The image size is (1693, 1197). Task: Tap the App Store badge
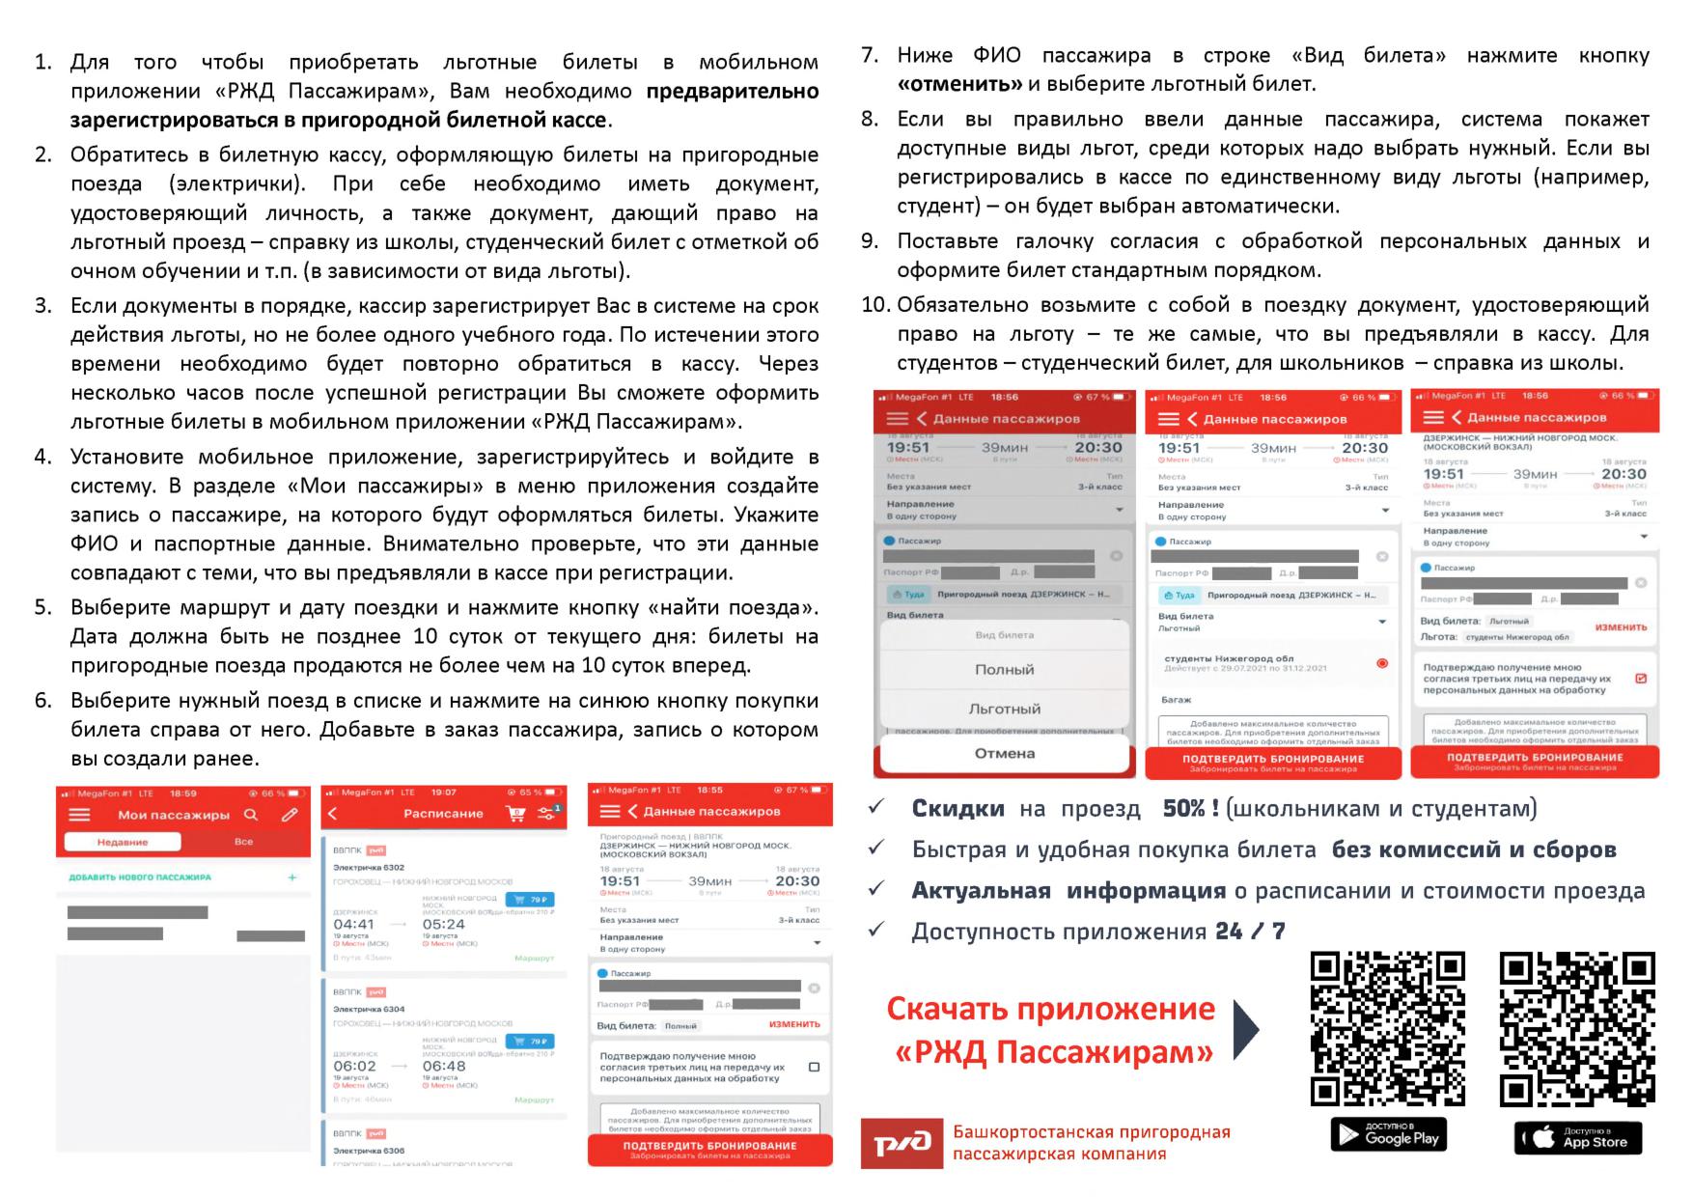tap(1577, 1137)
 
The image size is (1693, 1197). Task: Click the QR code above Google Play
tap(1387, 1028)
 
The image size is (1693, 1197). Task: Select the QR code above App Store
tap(1577, 1028)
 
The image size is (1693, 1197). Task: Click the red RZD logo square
tap(901, 1143)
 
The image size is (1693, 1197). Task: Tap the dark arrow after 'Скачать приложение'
tap(1246, 1029)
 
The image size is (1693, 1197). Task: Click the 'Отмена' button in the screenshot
tap(1004, 754)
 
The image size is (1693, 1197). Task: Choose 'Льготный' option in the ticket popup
tap(1004, 709)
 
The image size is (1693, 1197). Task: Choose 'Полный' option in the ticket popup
tap(1004, 669)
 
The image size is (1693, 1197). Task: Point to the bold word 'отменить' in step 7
tap(959, 84)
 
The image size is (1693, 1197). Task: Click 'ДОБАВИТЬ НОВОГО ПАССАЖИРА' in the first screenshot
tap(140, 877)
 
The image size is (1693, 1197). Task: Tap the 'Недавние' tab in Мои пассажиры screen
tap(123, 842)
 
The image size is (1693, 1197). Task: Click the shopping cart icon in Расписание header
tap(515, 814)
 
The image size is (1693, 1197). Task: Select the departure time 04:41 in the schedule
tap(353, 924)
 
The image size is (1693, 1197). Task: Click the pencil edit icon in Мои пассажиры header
tap(290, 815)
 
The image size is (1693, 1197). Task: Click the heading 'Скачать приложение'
tap(1050, 1009)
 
